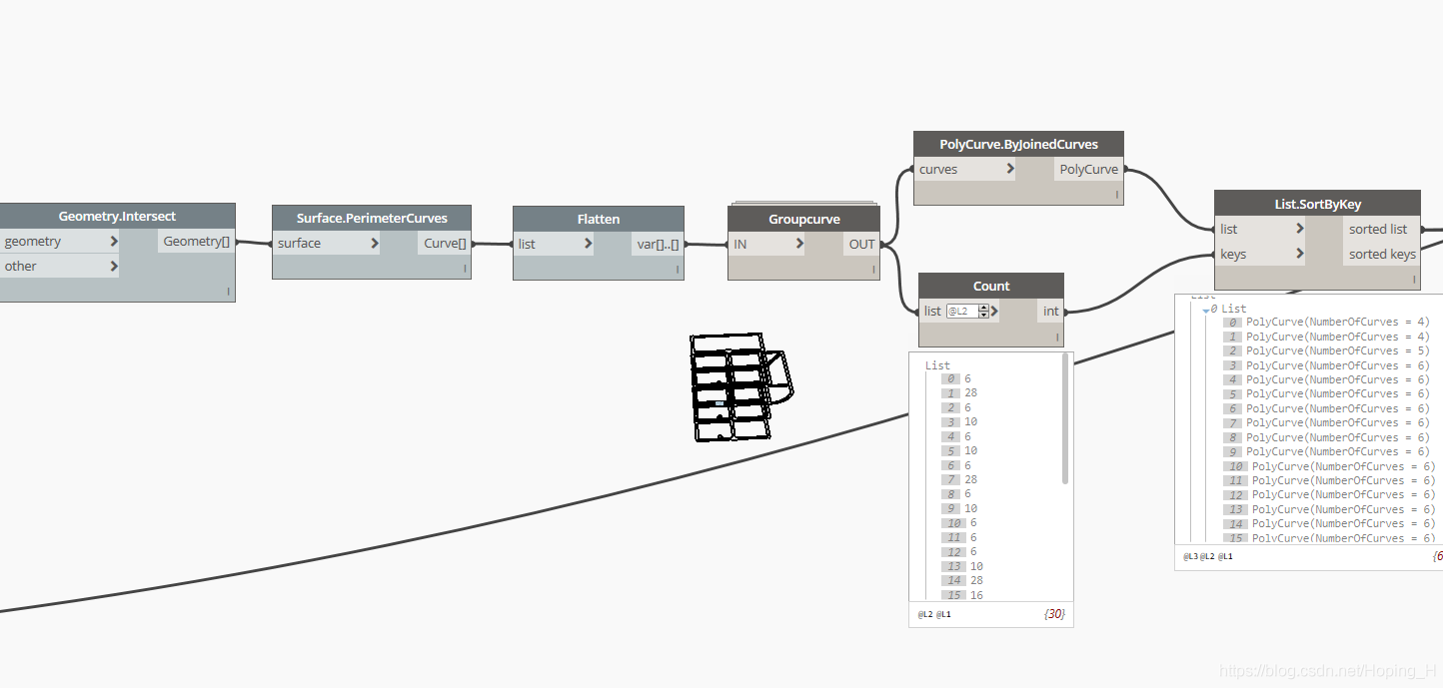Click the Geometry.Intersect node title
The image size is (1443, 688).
(x=117, y=216)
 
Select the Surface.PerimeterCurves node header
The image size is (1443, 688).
(x=372, y=218)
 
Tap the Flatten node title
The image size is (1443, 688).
(x=598, y=219)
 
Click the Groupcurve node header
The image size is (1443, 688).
(x=803, y=219)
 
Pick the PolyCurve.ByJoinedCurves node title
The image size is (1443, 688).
(x=1018, y=144)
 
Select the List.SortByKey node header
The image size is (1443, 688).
(x=1317, y=204)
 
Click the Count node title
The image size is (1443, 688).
(x=990, y=286)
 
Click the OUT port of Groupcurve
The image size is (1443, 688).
(x=861, y=244)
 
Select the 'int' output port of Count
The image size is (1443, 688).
(x=1050, y=311)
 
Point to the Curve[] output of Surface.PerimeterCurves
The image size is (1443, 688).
(x=445, y=243)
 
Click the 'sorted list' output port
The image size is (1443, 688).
(x=1378, y=229)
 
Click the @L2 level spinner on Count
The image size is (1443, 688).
(x=983, y=312)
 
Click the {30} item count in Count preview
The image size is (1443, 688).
(x=1053, y=614)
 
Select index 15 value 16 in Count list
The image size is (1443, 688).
(x=975, y=595)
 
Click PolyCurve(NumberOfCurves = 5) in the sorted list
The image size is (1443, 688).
(x=1337, y=350)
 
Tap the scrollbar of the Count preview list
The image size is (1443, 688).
(x=1065, y=419)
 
